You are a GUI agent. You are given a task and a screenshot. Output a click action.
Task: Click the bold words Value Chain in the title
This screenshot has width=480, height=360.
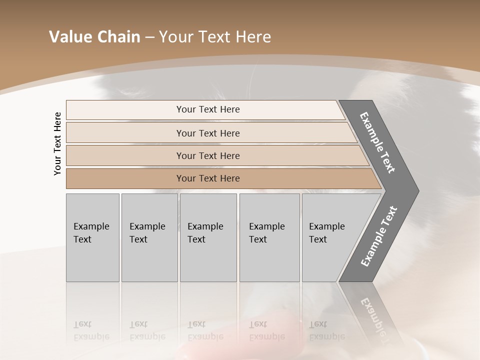point(94,37)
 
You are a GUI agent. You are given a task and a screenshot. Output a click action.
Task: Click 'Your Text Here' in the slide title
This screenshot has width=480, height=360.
point(215,37)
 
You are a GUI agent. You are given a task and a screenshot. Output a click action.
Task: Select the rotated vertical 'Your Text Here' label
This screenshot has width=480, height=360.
point(58,143)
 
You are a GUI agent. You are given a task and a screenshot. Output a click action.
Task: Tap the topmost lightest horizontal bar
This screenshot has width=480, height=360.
point(207,109)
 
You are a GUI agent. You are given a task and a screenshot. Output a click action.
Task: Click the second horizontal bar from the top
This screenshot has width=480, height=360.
point(207,133)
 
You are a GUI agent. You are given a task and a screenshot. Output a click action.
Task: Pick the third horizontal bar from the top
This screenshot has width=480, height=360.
point(207,155)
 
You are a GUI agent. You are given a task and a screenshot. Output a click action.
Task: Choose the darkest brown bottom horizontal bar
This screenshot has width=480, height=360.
point(207,178)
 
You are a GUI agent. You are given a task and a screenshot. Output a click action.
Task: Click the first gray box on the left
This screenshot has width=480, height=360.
point(92,237)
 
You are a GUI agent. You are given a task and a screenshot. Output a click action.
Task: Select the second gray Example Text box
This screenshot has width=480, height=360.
point(149,237)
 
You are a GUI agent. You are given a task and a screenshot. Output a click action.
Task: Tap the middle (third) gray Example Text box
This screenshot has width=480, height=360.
point(208,237)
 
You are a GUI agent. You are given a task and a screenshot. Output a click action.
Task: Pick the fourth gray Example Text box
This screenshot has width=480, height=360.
point(269,237)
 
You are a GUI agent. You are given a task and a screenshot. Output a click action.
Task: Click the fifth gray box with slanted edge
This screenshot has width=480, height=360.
point(330,237)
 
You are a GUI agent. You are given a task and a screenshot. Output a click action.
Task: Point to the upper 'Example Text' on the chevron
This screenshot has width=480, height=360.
point(378,142)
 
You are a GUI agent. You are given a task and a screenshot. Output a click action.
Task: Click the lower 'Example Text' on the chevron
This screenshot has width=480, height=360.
point(379,236)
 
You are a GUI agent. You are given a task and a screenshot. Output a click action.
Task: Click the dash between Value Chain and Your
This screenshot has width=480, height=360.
point(149,37)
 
